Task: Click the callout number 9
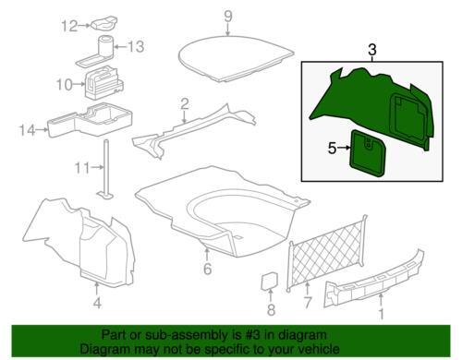click(x=228, y=17)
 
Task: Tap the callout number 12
click(x=69, y=26)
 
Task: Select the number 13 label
click(x=136, y=47)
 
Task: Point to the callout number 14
click(x=28, y=130)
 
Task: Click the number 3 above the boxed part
click(x=372, y=50)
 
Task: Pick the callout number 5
click(x=332, y=149)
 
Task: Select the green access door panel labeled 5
click(x=368, y=154)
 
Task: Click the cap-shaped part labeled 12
click(x=103, y=24)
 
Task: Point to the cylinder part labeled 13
click(x=105, y=47)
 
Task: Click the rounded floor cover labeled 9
click(x=236, y=58)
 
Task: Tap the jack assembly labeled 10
click(x=103, y=82)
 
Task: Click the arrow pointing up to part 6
click(x=207, y=255)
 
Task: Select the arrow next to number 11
click(x=98, y=167)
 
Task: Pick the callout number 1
click(x=382, y=315)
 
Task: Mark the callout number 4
click(x=97, y=304)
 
